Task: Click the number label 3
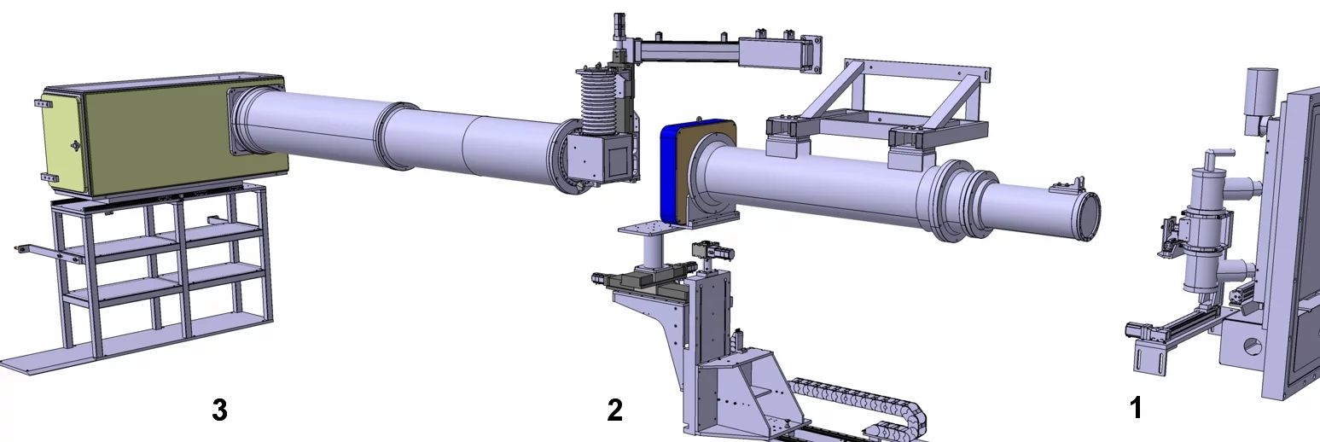tap(219, 410)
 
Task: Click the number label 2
tap(614, 410)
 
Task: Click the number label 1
tap(1135, 409)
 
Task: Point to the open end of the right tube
tap(1090, 216)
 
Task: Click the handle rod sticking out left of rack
tap(34, 249)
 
